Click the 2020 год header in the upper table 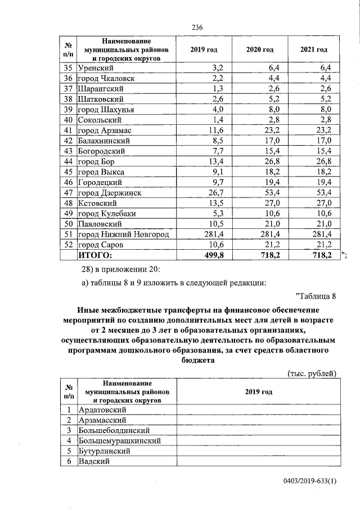tap(259, 50)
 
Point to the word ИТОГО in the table tap(94, 255)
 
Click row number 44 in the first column tap(67, 161)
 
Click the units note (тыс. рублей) tap(312, 373)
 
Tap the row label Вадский tap(93, 461)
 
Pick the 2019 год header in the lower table tap(259, 391)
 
